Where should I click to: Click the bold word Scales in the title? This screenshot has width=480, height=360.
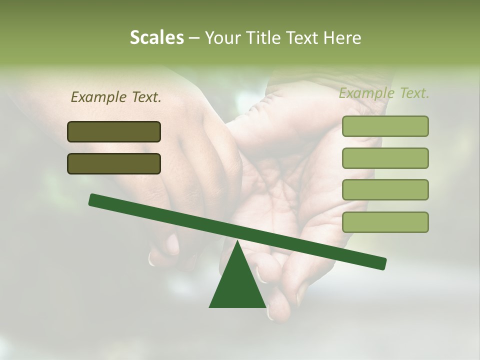pyautogui.click(x=156, y=38)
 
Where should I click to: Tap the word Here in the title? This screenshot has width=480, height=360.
pyautogui.click(x=342, y=38)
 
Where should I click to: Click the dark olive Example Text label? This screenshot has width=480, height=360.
pyautogui.click(x=116, y=97)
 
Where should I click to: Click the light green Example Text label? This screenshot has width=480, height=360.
pyautogui.click(x=384, y=93)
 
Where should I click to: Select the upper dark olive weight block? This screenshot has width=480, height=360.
pyautogui.click(x=114, y=131)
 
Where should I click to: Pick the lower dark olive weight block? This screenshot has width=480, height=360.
pyautogui.click(x=114, y=163)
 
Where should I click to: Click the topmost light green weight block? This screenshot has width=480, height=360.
pyautogui.click(x=385, y=126)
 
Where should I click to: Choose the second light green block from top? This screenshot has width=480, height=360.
pyautogui.click(x=385, y=158)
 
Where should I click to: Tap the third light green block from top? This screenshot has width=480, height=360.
pyautogui.click(x=385, y=189)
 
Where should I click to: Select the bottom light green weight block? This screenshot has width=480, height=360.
pyautogui.click(x=385, y=222)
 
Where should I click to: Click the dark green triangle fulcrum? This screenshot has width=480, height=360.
pyautogui.click(x=237, y=285)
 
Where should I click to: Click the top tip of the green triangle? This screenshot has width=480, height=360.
pyautogui.click(x=237, y=242)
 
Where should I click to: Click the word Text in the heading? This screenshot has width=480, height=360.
pyautogui.click(x=300, y=38)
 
